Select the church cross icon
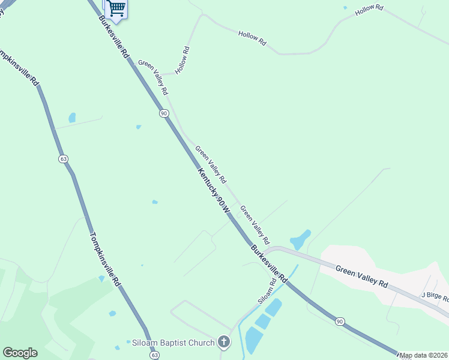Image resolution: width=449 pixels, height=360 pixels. point(223,343)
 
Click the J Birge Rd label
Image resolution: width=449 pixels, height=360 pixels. point(435,295)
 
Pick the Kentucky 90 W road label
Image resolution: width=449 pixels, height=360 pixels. point(214,191)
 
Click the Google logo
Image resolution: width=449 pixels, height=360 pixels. point(20,353)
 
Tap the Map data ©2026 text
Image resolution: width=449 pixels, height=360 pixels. point(424,355)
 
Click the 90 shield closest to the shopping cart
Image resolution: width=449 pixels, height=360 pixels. point(163,113)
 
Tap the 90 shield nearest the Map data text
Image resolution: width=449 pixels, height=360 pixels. point(340,322)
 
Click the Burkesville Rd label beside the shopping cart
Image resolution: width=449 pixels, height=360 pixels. point(114,36)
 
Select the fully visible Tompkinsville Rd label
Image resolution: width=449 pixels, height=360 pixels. point(108,260)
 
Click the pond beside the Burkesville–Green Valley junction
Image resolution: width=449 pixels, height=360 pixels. point(300,239)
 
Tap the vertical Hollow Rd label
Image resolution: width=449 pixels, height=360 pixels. point(183,61)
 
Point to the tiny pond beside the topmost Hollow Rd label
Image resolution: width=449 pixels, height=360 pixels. point(345,8)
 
